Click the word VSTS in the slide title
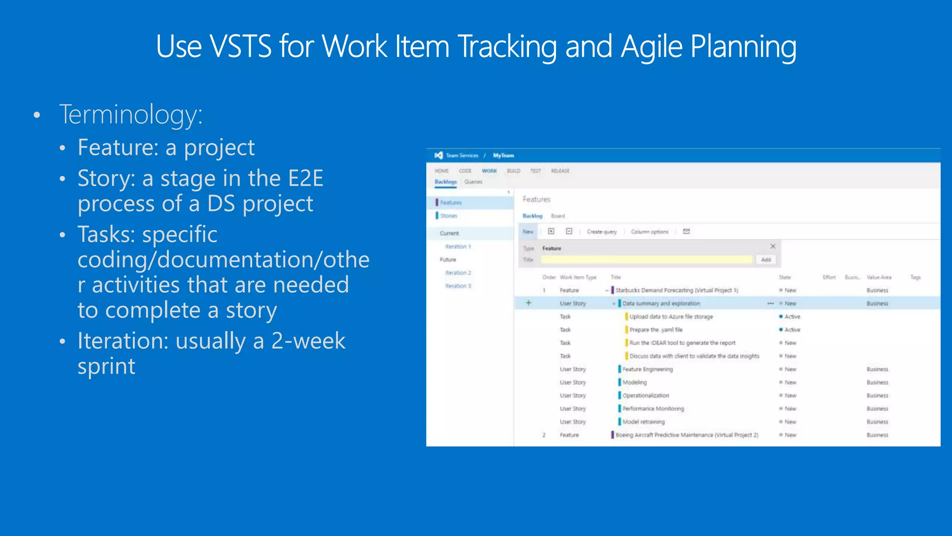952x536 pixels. pyautogui.click(x=240, y=47)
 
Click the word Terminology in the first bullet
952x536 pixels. pyautogui.click(x=131, y=114)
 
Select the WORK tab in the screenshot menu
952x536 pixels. pyautogui.click(x=489, y=171)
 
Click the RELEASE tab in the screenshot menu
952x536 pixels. pyautogui.click(x=560, y=171)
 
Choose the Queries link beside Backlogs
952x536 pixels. pyautogui.click(x=473, y=182)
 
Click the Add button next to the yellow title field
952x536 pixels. pyautogui.click(x=766, y=260)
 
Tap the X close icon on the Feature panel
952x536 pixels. pyautogui.click(x=773, y=247)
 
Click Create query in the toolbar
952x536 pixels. pyautogui.click(x=602, y=232)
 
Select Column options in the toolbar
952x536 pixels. pyautogui.click(x=649, y=232)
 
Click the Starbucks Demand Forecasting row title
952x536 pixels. pyautogui.click(x=676, y=290)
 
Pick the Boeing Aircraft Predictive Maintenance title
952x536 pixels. pyautogui.click(x=687, y=435)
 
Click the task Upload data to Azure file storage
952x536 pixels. pyautogui.click(x=671, y=317)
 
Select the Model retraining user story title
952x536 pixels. pyautogui.click(x=643, y=422)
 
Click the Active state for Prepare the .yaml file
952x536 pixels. pyautogui.click(x=792, y=330)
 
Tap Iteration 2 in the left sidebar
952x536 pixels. pyautogui.click(x=458, y=273)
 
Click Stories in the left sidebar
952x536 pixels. pyautogui.click(x=449, y=216)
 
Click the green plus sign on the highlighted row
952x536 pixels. pyautogui.click(x=528, y=303)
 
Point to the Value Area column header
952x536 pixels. pyautogui.click(x=879, y=277)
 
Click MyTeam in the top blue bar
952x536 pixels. pyautogui.click(x=503, y=155)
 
